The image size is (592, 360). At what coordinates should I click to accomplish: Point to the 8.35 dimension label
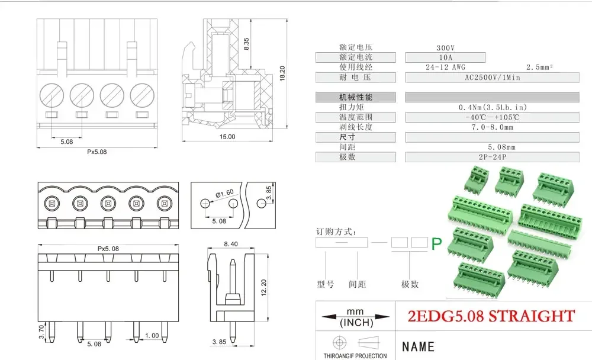pos(246,43)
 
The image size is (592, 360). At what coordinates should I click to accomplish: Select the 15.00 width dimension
pos(227,137)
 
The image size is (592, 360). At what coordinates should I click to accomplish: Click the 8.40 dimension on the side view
pos(231,244)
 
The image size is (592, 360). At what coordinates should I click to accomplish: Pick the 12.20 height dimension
pos(265,288)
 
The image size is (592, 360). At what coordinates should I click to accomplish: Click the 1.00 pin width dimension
pos(152,336)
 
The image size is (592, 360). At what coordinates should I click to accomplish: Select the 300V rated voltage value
pos(445,47)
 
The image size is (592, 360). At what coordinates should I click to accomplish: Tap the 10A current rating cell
pos(445,57)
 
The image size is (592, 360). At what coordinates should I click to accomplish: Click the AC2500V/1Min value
pos(491,78)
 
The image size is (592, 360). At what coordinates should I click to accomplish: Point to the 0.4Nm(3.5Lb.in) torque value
pos(493,107)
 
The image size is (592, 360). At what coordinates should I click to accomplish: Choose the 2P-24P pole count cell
pos(493,157)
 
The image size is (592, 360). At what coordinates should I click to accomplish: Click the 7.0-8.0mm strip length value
pos(493,127)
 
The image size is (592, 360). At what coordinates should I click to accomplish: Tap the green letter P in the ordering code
pos(437,244)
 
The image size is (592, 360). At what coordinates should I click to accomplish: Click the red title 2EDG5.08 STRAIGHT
pos(491,316)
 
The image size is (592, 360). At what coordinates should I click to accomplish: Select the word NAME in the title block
pos(418,346)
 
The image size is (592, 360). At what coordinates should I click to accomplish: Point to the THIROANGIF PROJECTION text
pos(355,356)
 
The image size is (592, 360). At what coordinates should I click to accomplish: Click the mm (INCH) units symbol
pos(355,317)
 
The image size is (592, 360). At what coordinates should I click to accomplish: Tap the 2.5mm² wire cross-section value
pos(539,67)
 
